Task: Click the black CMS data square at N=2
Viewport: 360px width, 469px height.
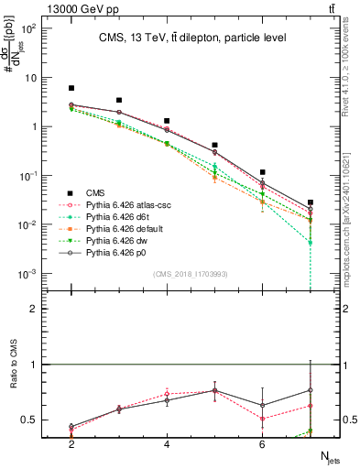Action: coord(71,88)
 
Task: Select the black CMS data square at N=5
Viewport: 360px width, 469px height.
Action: coord(214,145)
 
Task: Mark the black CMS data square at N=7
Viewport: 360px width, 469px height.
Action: coord(311,202)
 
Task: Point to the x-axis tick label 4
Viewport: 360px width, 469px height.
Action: coord(167,443)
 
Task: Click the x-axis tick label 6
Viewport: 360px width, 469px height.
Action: coord(262,443)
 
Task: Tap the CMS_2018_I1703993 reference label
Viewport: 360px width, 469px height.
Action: coord(191,274)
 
